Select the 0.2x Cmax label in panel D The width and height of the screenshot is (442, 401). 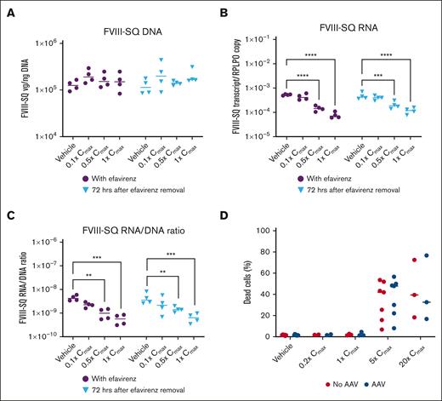coord(319,357)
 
